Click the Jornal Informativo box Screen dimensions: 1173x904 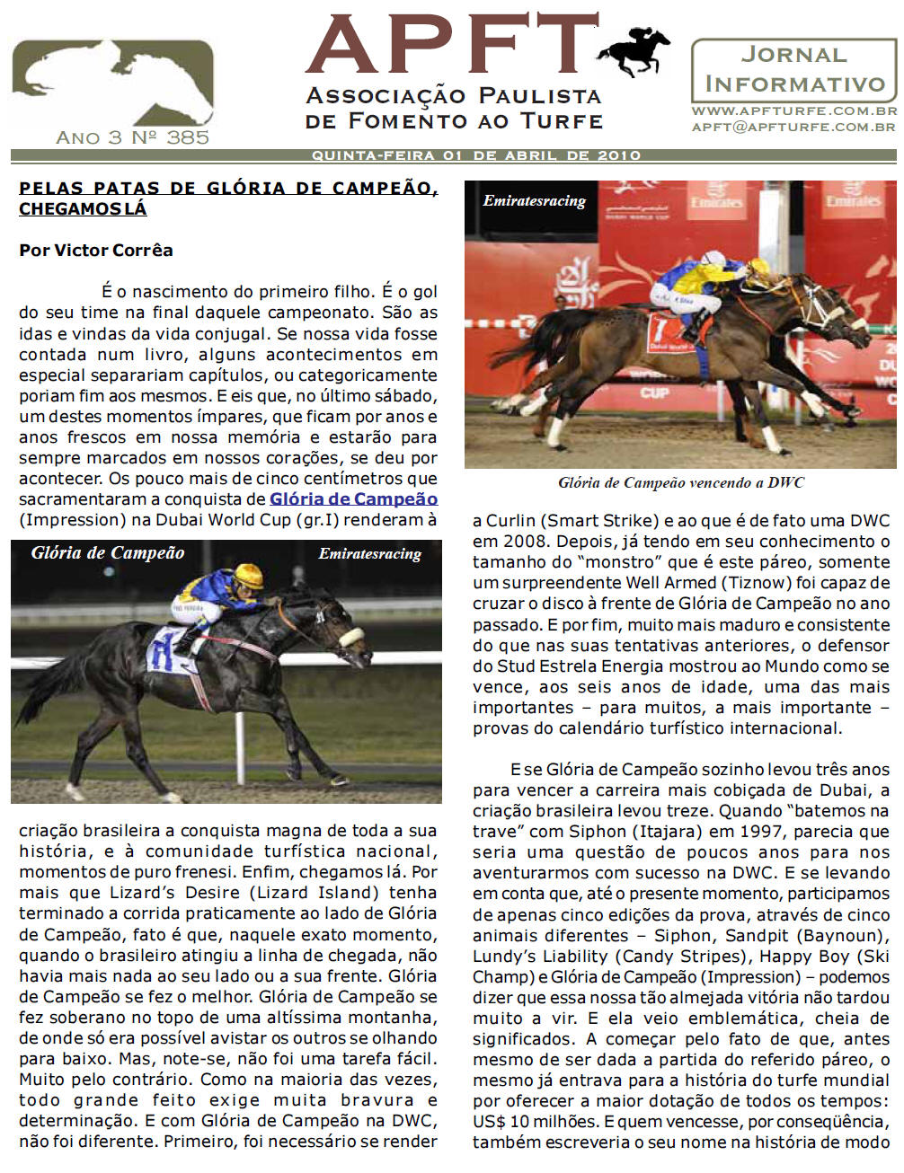pyautogui.click(x=793, y=70)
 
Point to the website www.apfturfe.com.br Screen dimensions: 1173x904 pyautogui.click(x=793, y=111)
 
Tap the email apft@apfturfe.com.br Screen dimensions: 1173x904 pyautogui.click(x=793, y=127)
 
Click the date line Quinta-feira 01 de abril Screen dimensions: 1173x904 pyautogui.click(x=475, y=155)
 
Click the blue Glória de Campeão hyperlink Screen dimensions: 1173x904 pyautogui.click(x=353, y=499)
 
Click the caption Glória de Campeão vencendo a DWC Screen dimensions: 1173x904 pyautogui.click(x=680, y=482)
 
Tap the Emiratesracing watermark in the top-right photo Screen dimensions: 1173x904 pyautogui.click(x=534, y=200)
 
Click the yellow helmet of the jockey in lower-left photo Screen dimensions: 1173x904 pyautogui.click(x=249, y=575)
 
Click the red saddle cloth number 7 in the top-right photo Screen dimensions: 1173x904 pyautogui.click(x=663, y=331)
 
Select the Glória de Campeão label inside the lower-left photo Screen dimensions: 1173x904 pyautogui.click(x=108, y=553)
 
